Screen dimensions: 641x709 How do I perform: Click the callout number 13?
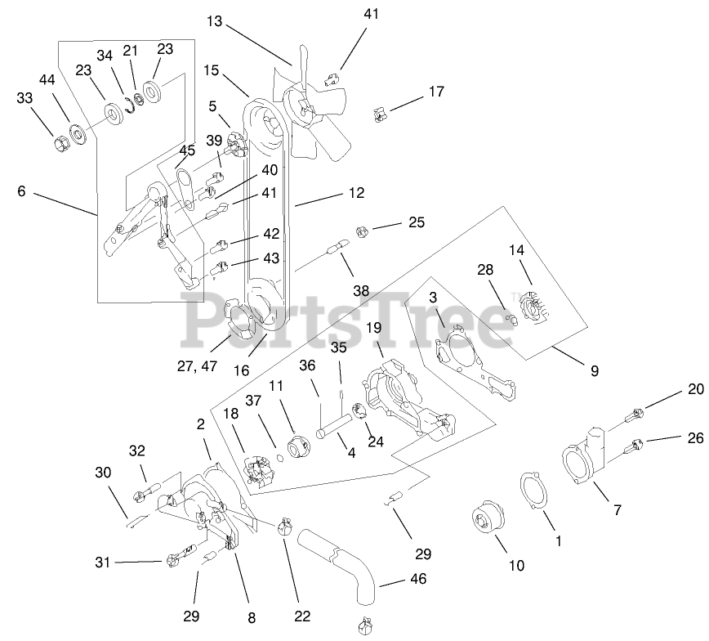click(213, 21)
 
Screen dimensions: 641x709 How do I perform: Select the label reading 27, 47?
click(198, 366)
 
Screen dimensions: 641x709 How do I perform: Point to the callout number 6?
click(21, 191)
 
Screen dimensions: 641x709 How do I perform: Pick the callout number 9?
click(594, 370)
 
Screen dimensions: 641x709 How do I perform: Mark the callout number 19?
click(374, 328)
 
